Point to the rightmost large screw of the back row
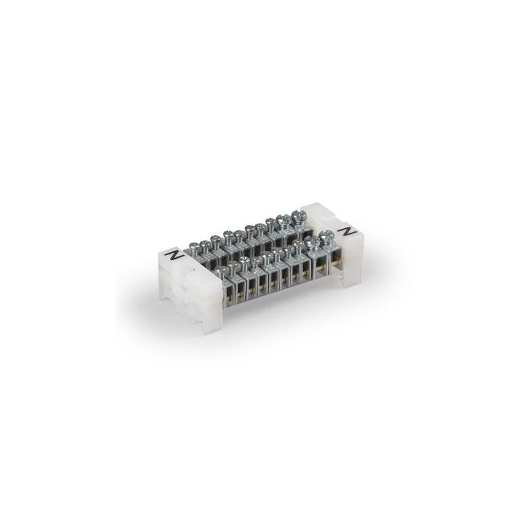(x=298, y=216)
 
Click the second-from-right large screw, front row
(x=312, y=241)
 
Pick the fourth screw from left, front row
(x=256, y=260)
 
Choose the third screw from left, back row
(x=215, y=238)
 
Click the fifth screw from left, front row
(x=267, y=255)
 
